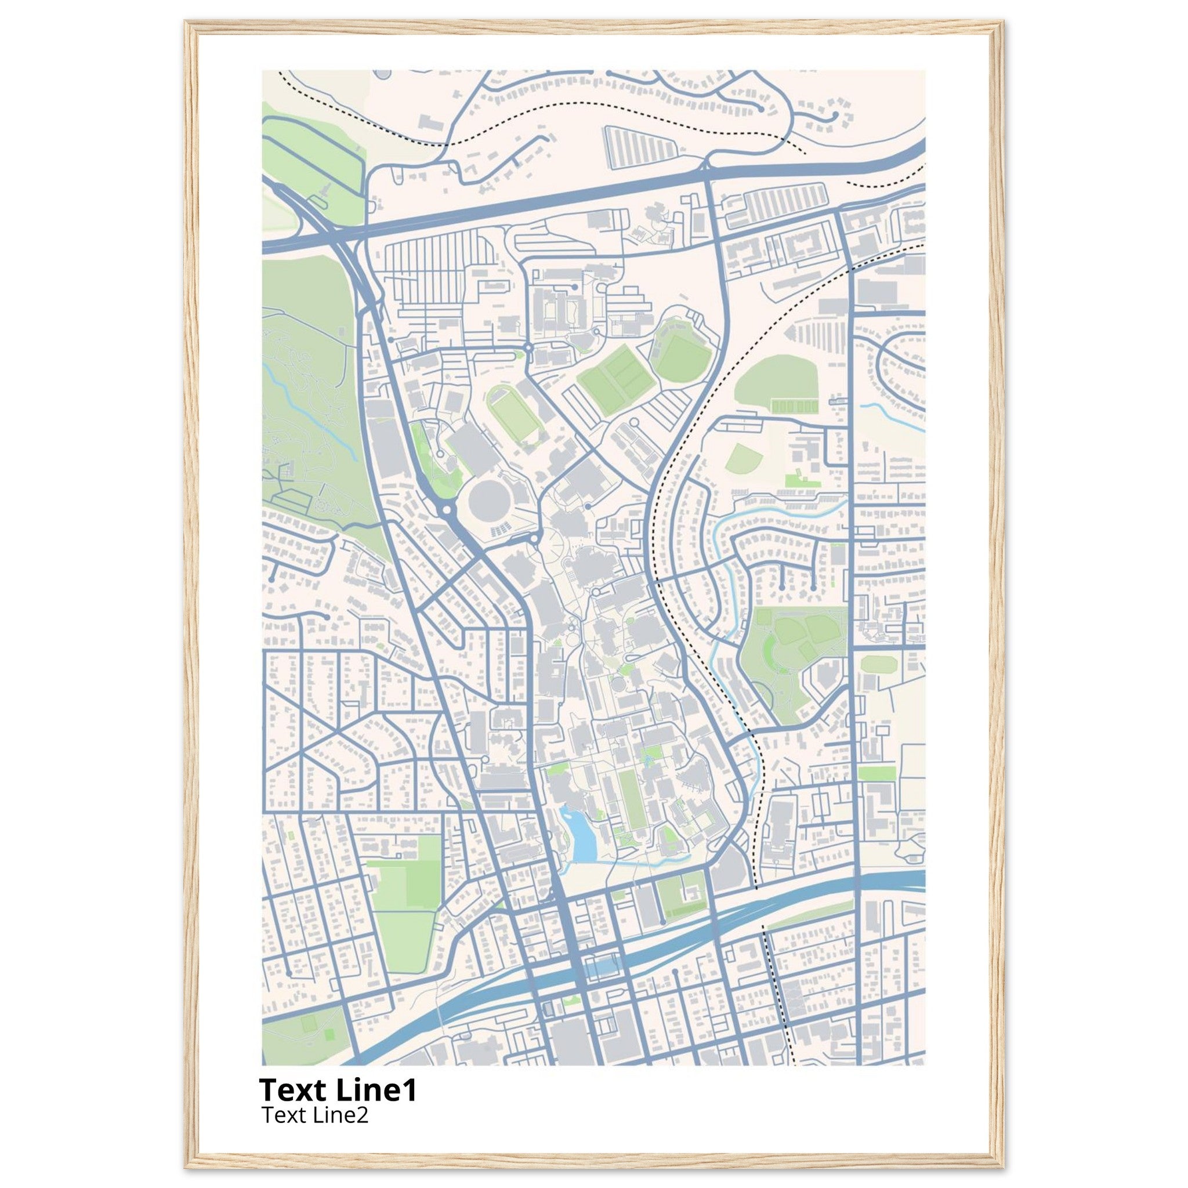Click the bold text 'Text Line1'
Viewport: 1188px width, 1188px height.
point(338,1089)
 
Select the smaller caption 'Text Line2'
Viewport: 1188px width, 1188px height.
point(315,1114)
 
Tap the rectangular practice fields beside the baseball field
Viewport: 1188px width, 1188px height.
point(617,373)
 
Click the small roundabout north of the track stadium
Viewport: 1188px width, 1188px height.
point(530,349)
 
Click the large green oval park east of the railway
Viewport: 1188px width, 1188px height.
point(776,379)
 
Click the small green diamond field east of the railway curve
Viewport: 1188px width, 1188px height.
point(744,458)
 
